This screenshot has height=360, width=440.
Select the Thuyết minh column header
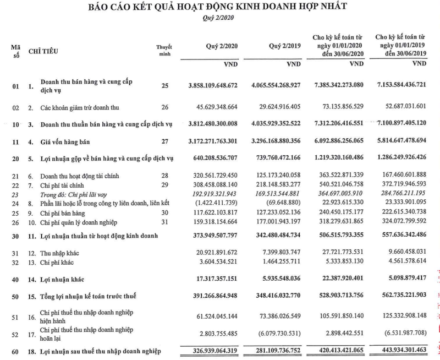164,51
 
